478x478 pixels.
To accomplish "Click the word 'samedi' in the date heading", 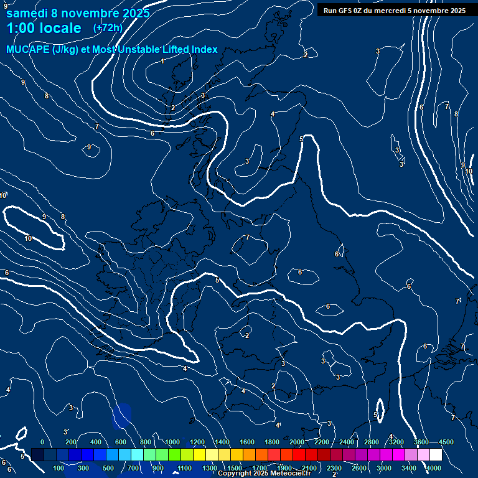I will pyautogui.click(x=26, y=12).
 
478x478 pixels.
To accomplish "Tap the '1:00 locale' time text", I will pyautogui.click(x=44, y=28).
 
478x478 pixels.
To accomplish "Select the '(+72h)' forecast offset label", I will pyautogui.click(x=108, y=27).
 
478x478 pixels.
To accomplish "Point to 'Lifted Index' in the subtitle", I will pyautogui.click(x=189, y=49).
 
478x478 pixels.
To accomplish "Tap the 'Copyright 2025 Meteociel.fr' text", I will pyautogui.click(x=264, y=474).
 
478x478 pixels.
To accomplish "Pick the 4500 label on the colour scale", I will pyautogui.click(x=446, y=442).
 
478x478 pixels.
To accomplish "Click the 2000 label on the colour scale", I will pyautogui.click(x=297, y=442).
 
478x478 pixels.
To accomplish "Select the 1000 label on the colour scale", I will pyautogui.click(x=172, y=442).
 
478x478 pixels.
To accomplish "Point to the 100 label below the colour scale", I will pyautogui.click(x=59, y=468).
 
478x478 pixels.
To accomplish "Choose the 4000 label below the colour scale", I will pyautogui.click(x=434, y=468).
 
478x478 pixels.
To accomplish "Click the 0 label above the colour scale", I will pyautogui.click(x=42, y=442).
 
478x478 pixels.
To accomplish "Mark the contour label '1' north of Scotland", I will pyautogui.click(x=162, y=61).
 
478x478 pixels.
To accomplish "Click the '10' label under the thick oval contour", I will pyautogui.click(x=28, y=238).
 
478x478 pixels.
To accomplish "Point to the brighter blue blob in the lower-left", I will pyautogui.click(x=122, y=415).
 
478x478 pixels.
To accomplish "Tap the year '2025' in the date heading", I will pyautogui.click(x=136, y=12).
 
